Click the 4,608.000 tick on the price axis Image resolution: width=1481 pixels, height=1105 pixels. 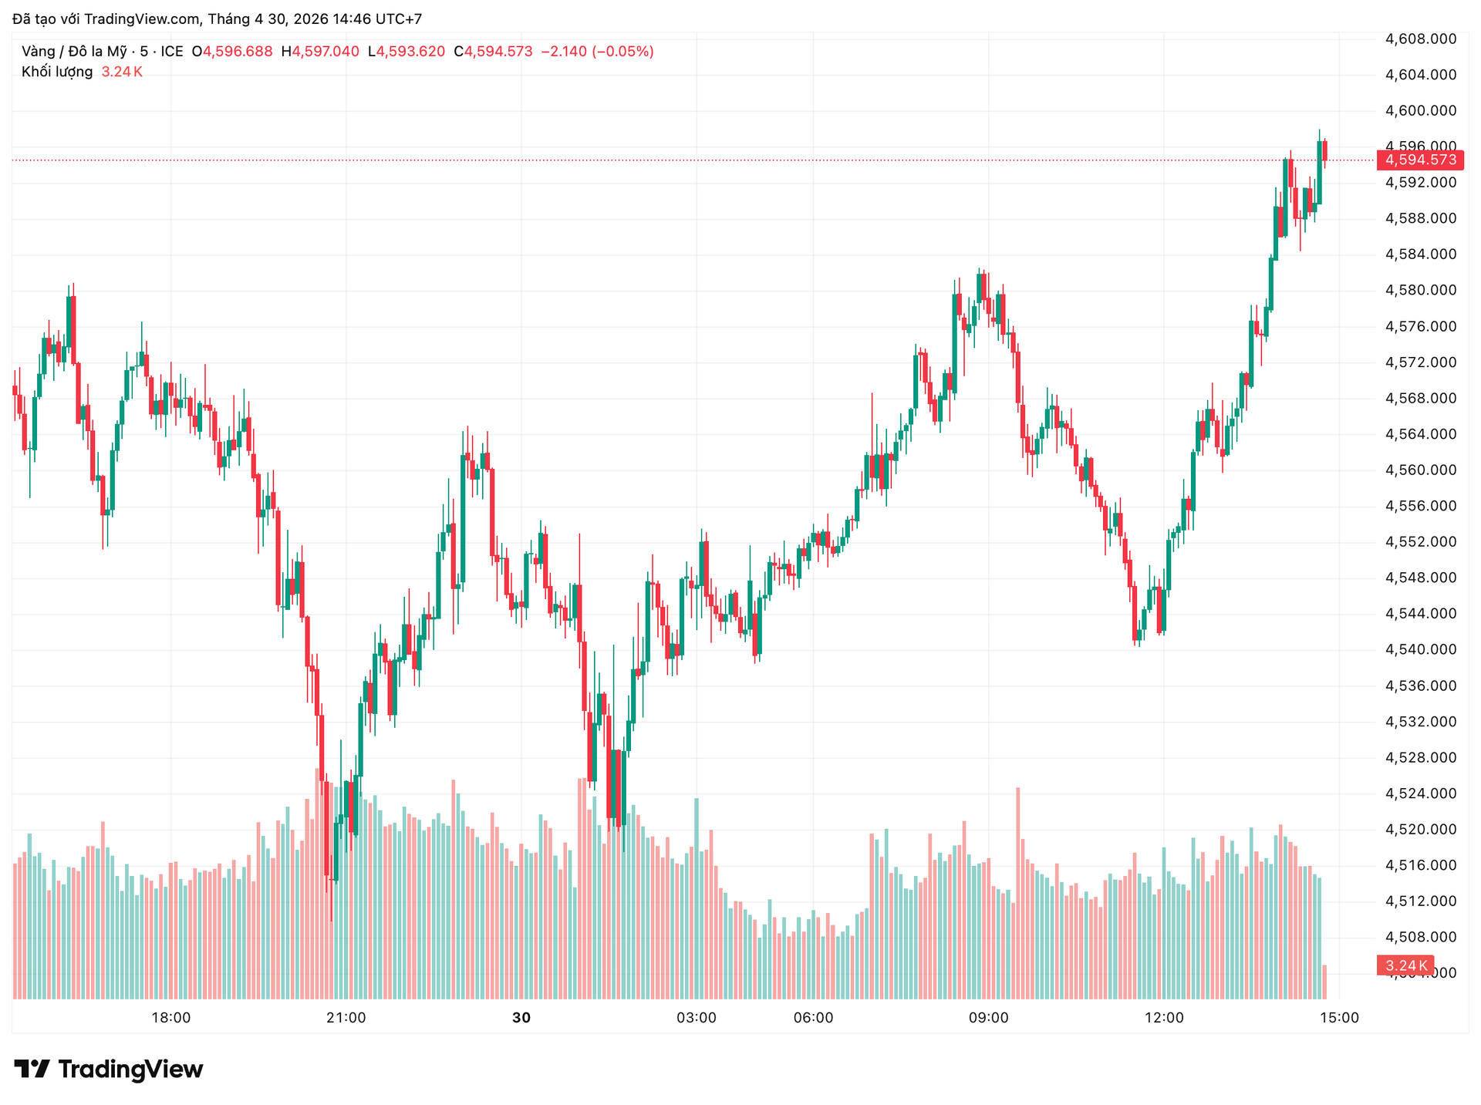pos(1421,39)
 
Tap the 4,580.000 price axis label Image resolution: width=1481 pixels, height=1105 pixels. pos(1421,291)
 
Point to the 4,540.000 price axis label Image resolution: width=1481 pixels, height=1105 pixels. pos(1421,650)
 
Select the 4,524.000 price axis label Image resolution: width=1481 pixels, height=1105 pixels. pos(1421,793)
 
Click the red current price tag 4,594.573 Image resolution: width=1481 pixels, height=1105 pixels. pos(1420,160)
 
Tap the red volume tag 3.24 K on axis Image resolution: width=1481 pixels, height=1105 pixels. pos(1405,965)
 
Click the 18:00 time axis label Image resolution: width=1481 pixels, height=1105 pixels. pos(170,1018)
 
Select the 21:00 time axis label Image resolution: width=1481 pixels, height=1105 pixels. pos(346,1018)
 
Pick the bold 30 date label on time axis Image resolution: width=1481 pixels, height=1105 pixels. pos(521,1018)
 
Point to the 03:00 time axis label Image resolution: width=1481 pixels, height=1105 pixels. pos(696,1018)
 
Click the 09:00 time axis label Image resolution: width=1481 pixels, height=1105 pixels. pos(988,1018)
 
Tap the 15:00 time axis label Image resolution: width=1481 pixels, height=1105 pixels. pos(1339,1018)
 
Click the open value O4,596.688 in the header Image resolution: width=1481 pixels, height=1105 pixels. pos(232,52)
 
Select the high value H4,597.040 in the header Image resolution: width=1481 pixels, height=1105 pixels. pos(320,52)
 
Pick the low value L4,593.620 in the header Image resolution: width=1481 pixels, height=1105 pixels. pos(407,52)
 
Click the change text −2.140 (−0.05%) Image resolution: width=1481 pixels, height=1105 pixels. pos(597,52)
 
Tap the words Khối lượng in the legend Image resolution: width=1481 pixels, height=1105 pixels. pos(57,72)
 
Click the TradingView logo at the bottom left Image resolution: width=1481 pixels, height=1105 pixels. pos(109,1070)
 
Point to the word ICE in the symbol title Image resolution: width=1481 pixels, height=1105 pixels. pos(172,52)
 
